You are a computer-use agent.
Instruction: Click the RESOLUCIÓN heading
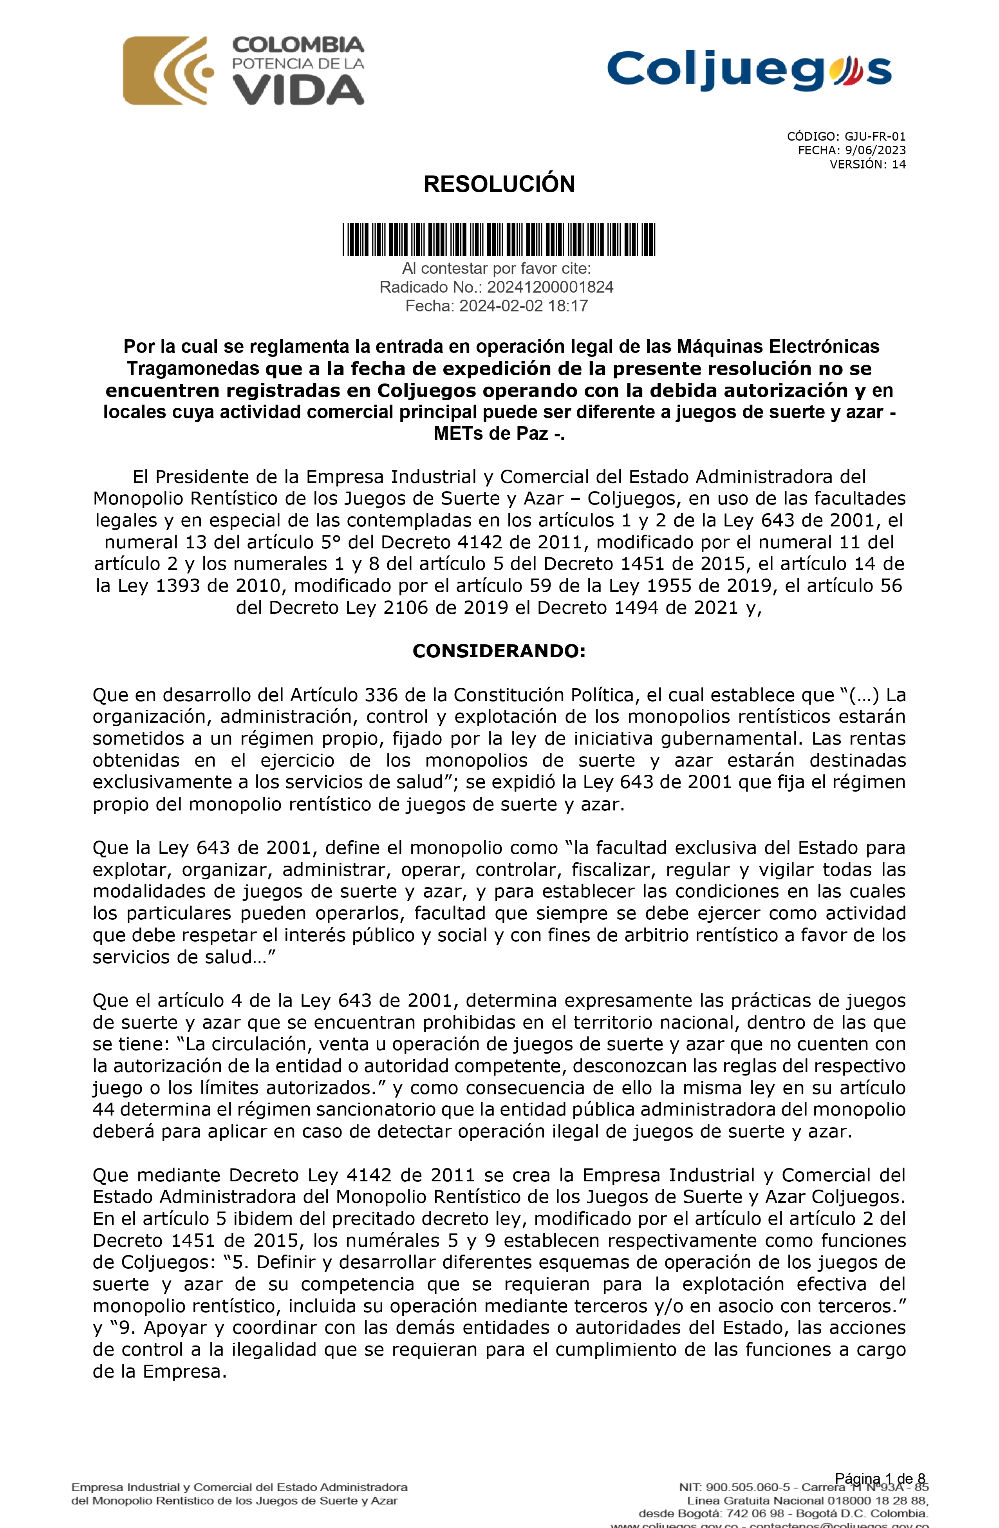[x=499, y=184]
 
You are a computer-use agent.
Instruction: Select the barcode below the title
[x=499, y=239]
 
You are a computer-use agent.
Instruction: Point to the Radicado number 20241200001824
[x=549, y=287]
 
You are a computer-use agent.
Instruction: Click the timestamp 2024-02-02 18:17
[x=523, y=306]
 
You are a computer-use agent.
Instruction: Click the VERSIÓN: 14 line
[x=867, y=165]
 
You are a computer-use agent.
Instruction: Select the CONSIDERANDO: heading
[x=499, y=651]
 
